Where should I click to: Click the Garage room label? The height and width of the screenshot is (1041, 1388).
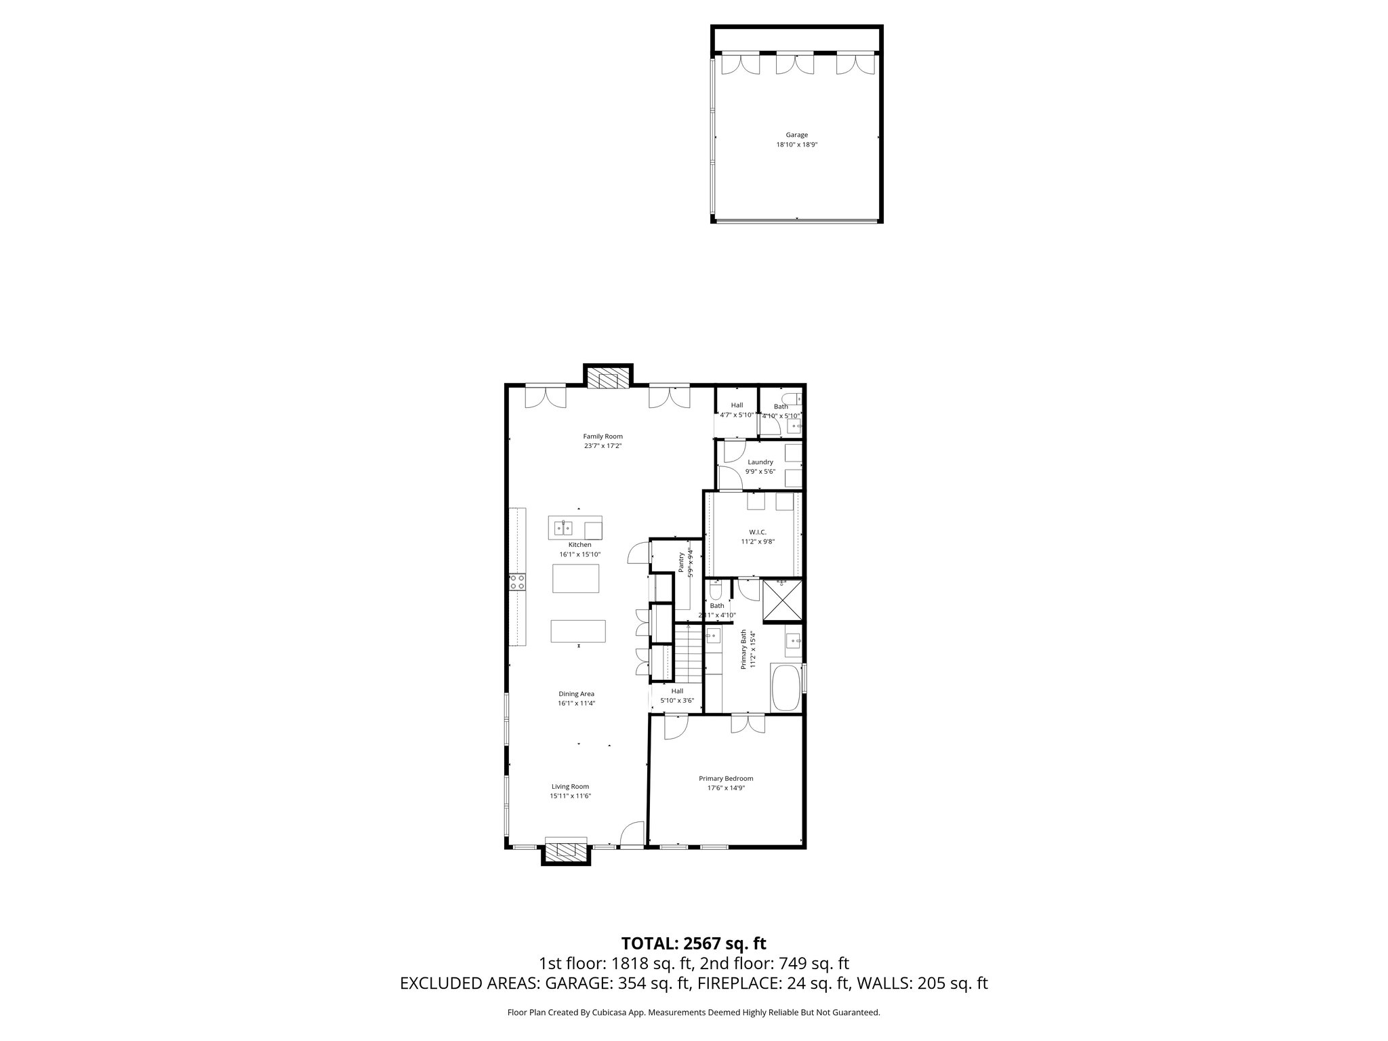797,135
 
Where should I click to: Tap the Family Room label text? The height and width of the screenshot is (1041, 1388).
603,436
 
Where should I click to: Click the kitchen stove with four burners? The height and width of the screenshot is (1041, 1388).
518,581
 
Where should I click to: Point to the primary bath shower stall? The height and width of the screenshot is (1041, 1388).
782,600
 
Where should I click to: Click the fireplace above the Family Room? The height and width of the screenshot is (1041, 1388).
608,378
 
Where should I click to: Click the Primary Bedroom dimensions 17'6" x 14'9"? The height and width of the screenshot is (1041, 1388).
726,788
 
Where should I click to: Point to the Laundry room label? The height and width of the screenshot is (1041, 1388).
760,462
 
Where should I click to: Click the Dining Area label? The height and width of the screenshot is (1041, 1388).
576,694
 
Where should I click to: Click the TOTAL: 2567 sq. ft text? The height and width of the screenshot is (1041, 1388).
693,943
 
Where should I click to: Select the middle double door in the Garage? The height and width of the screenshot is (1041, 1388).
795,64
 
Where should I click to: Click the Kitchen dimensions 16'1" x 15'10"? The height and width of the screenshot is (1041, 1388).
580,554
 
